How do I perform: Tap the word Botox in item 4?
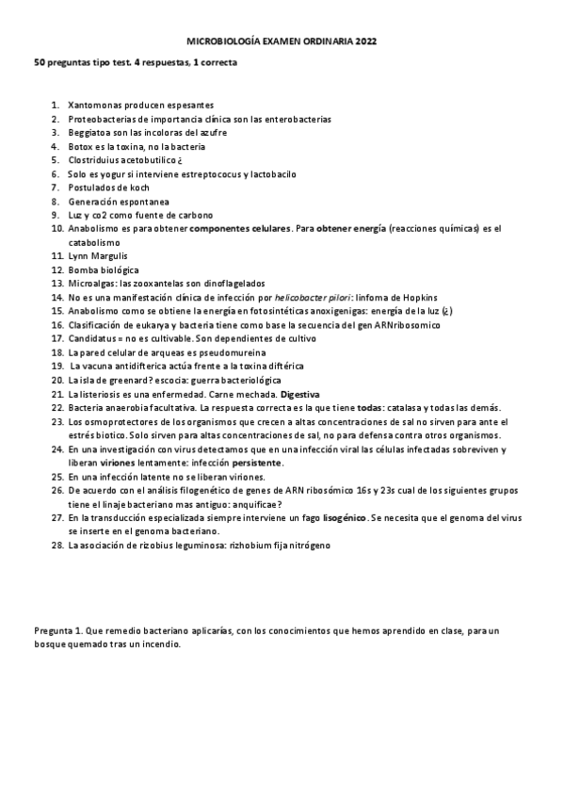pos(81,147)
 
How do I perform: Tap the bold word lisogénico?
pos(345,517)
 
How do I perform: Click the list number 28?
pos(56,545)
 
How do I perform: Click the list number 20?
pos(56,379)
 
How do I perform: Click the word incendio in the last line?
pos(157,645)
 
